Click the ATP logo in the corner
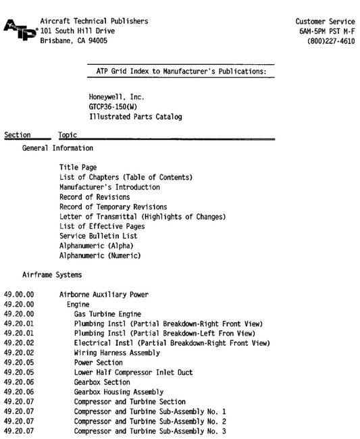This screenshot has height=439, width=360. [19, 30]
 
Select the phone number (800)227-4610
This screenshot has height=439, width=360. [330, 41]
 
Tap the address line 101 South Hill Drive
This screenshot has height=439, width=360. [79, 31]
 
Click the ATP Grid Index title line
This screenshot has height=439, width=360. [181, 70]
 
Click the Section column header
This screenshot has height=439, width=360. [18, 136]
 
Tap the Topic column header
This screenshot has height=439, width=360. [68, 136]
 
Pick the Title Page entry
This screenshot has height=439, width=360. [78, 167]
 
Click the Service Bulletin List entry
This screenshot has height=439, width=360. [98, 236]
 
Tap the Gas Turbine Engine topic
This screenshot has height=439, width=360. [107, 315]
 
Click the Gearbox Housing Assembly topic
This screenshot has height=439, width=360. [119, 392]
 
